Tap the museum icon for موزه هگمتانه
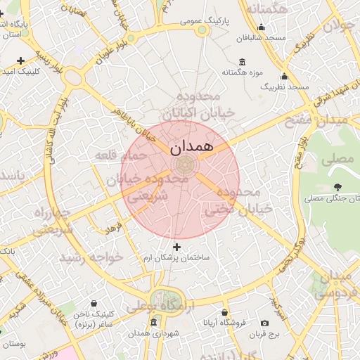click(243, 62)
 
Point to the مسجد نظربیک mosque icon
click(285, 76)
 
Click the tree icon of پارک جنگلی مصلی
click(339, 187)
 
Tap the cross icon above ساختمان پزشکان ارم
click(176, 247)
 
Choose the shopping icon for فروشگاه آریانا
click(224, 312)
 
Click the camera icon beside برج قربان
click(264, 323)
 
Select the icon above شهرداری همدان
click(154, 322)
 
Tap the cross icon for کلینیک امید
click(20, 60)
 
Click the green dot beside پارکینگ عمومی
click(202, 30)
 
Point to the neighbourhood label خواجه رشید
click(92, 257)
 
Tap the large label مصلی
click(337, 159)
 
